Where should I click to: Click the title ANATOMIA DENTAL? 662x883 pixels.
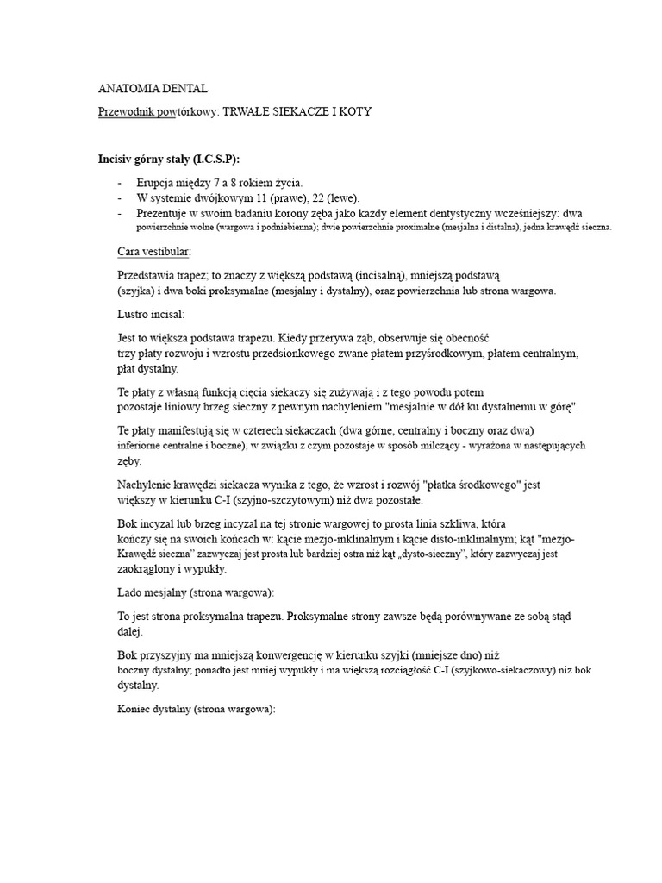(x=153, y=89)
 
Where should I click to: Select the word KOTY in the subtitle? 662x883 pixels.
(x=354, y=113)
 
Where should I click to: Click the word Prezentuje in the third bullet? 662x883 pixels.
(x=164, y=212)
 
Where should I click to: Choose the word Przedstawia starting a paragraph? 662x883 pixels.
(x=150, y=275)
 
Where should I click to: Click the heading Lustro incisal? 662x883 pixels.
(x=151, y=315)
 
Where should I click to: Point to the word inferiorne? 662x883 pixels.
(x=144, y=446)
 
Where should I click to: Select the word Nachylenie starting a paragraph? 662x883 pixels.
(x=147, y=485)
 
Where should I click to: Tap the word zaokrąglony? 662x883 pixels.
(x=149, y=570)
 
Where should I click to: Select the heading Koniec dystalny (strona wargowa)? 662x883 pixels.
(x=196, y=710)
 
